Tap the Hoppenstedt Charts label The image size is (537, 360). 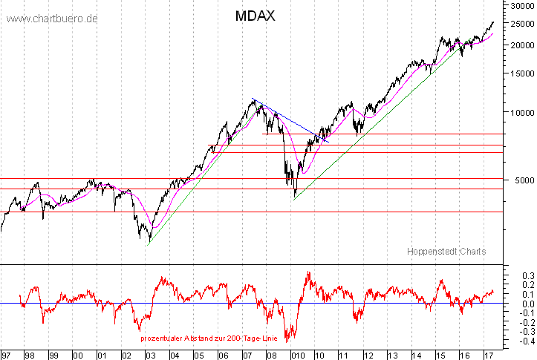tap(446, 252)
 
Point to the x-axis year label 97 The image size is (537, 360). tap(6, 355)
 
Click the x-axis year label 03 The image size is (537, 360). tap(152, 355)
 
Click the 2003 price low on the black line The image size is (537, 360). tap(149, 240)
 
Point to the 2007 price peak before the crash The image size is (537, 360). tap(254, 99)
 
